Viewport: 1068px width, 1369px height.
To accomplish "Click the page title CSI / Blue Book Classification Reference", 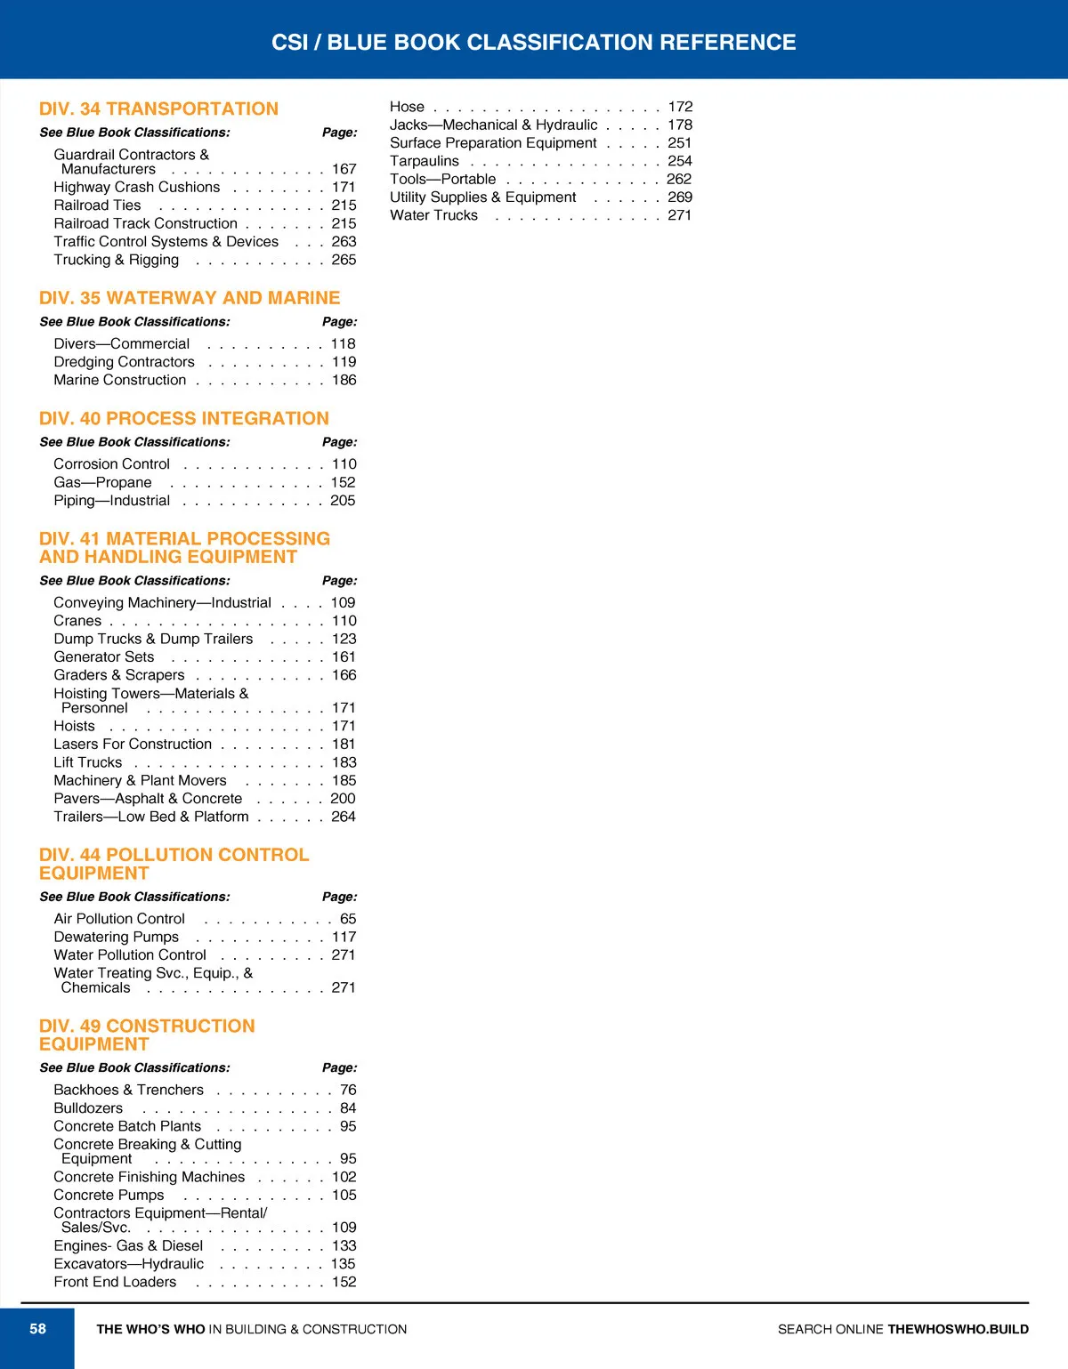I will (533, 42).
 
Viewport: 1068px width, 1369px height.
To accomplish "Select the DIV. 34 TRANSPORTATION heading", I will (158, 109).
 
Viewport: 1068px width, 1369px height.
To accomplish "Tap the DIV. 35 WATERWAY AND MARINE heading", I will (190, 298).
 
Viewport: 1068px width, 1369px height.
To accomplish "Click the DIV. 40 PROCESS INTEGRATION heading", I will (184, 418).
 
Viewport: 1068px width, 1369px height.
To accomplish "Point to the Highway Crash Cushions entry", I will (137, 187).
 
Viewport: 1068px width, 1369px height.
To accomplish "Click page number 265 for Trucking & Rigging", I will (344, 260).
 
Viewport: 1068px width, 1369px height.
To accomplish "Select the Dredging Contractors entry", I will (124, 362).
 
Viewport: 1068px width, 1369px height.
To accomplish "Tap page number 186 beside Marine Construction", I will (344, 380).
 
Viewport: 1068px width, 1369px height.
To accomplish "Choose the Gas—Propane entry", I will (102, 482).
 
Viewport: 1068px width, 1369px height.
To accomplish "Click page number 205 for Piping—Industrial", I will (343, 501).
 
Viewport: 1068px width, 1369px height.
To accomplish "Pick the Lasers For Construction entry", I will (133, 744).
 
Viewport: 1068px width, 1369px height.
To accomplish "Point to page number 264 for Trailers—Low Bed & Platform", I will (343, 817).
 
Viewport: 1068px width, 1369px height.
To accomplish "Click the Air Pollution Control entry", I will (119, 919).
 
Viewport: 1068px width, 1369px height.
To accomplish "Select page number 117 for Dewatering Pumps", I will (344, 937).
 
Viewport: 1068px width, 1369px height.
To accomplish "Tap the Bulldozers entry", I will (88, 1108).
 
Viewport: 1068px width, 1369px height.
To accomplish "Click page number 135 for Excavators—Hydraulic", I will (343, 1264).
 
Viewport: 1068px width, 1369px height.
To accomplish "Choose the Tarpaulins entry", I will (425, 161).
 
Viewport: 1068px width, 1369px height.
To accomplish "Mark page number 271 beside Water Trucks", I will (679, 215).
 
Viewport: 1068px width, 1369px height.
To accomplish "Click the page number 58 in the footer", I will (37, 1329).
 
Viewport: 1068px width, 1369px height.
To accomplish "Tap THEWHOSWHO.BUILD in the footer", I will (958, 1329).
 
